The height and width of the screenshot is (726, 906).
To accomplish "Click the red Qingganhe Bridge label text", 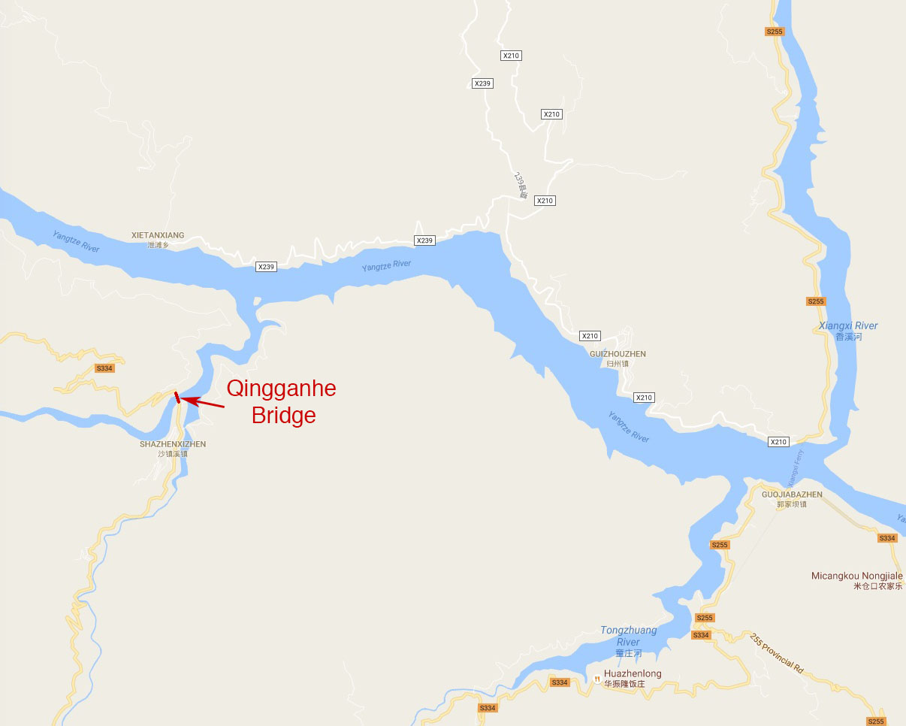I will click(282, 401).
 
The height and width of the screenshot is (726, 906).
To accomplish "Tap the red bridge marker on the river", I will click(177, 398).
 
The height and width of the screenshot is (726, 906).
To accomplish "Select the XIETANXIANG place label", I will click(158, 235).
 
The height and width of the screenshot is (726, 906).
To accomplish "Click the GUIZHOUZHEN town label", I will click(618, 354).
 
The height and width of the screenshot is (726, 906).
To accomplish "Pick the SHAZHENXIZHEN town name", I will click(173, 444).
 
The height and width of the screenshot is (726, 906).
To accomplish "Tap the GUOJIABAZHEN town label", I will click(792, 495).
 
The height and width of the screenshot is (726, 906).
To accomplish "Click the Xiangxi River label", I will click(848, 326).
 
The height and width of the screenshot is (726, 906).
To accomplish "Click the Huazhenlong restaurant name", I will click(633, 674).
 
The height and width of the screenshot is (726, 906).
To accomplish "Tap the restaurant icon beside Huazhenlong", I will click(596, 679).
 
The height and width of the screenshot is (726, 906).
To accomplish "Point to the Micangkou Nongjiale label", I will click(857, 576).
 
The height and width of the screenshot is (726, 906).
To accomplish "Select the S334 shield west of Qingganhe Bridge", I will click(104, 368).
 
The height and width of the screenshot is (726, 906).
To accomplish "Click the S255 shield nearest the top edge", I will click(775, 32).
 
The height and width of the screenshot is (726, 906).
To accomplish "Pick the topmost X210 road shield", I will click(511, 56).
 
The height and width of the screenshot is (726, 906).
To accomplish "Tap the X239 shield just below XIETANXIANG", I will click(266, 267).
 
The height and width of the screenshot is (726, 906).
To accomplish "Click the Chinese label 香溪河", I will click(848, 337).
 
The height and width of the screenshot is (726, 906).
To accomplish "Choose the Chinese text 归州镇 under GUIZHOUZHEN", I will click(618, 364).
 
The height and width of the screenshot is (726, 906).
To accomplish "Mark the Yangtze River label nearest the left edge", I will click(76, 241).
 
